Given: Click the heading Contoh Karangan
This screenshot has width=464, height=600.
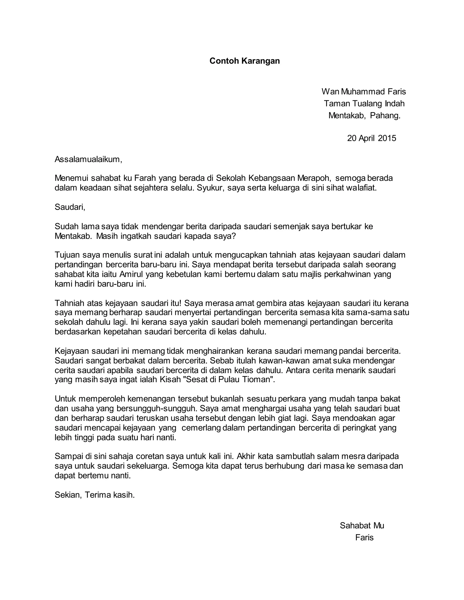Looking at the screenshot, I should [x=244, y=61].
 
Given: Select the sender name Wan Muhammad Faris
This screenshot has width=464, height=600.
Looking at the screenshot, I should [x=364, y=91].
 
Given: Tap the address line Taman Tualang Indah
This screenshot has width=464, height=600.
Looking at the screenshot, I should [x=364, y=103].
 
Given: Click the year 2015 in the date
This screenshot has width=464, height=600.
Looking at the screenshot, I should [x=387, y=138].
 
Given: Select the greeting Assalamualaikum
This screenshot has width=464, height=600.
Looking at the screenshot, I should [x=88, y=159].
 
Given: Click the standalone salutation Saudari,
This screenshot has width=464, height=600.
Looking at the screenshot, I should [x=70, y=207].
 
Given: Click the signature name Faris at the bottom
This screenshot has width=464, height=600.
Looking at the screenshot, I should [x=364, y=537].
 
